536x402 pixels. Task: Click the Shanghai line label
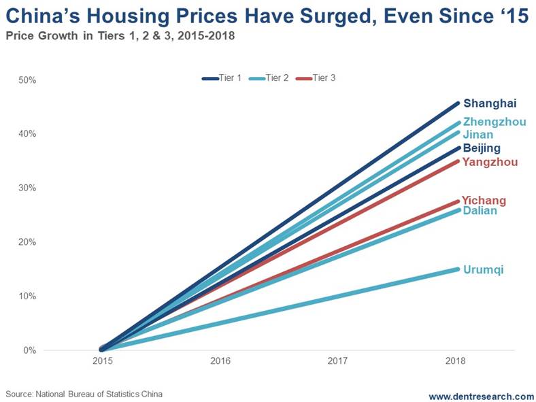coord(490,104)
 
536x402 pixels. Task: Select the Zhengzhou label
coord(495,122)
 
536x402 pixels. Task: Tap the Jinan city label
coord(478,135)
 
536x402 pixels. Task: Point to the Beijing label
coord(482,148)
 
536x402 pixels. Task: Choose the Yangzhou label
coord(490,162)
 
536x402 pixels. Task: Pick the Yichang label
coord(484,201)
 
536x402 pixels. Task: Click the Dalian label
coord(480,211)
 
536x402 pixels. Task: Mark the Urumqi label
coord(483,270)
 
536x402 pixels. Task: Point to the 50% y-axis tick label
coord(27,80)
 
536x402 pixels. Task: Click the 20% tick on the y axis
coord(27,242)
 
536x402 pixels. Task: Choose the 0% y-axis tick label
coord(29,350)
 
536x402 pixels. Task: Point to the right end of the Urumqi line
coord(458,269)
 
